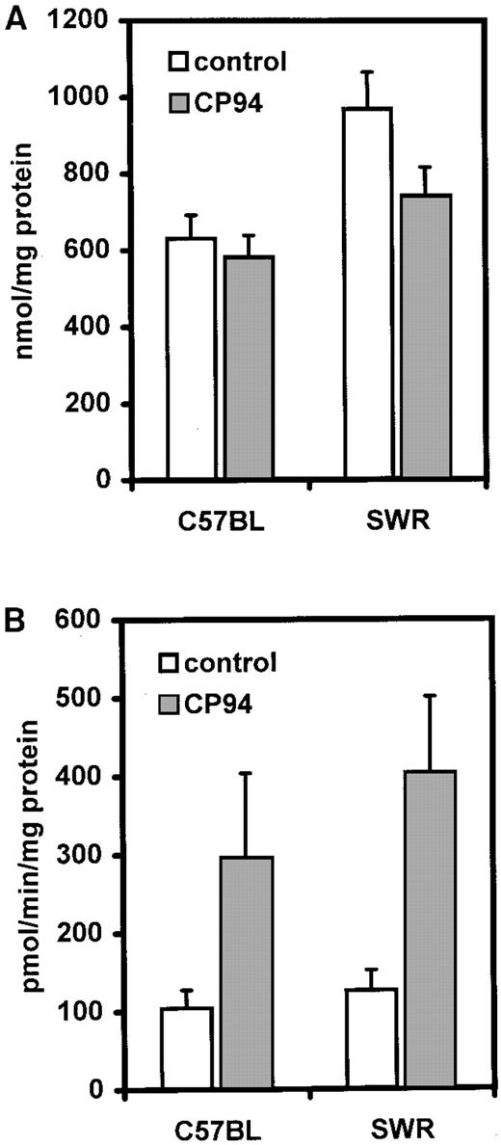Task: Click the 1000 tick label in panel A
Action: click(82, 97)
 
